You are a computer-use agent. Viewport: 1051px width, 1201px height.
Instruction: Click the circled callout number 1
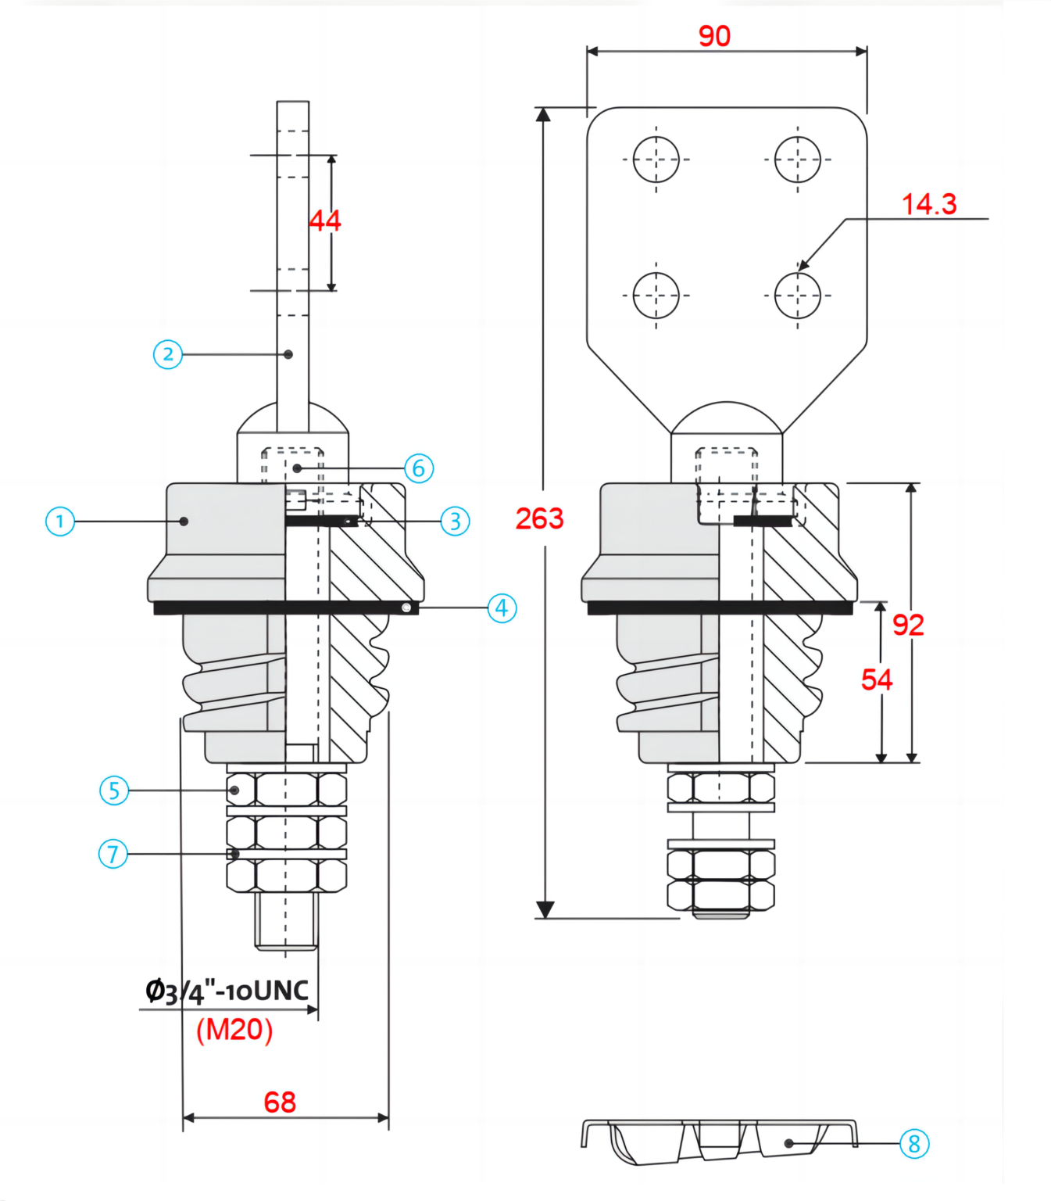click(x=60, y=522)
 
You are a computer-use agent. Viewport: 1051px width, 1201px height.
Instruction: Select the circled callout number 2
click(x=168, y=354)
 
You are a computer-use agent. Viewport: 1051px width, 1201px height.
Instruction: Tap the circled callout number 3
click(x=455, y=522)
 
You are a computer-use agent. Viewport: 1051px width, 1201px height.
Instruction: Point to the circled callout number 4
click(x=502, y=608)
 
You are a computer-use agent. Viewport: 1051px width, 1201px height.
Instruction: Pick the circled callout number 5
click(x=114, y=791)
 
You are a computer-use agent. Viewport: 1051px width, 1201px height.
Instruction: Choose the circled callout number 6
click(x=419, y=468)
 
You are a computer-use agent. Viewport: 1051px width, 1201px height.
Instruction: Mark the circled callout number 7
click(x=113, y=854)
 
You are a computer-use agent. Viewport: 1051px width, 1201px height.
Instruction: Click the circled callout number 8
click(x=913, y=1144)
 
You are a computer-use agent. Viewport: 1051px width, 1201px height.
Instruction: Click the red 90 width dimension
click(x=714, y=36)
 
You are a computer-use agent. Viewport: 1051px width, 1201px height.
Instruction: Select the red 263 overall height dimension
click(x=539, y=518)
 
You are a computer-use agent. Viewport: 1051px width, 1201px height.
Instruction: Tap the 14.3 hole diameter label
click(x=928, y=205)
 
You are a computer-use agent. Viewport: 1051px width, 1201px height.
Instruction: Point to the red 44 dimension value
click(x=325, y=220)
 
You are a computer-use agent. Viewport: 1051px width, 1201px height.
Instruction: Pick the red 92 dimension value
click(x=908, y=625)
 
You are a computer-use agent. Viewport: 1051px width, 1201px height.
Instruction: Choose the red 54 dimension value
click(x=877, y=679)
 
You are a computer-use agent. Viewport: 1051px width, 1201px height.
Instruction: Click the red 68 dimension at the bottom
click(x=280, y=1102)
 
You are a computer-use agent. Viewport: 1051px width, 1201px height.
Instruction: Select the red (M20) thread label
click(x=234, y=1030)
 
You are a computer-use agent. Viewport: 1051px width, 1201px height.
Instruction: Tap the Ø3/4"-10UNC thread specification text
click(x=227, y=991)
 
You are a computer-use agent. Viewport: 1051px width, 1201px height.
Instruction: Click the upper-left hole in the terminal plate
click(x=656, y=160)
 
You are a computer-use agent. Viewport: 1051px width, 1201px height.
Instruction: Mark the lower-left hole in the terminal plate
click(x=656, y=296)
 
